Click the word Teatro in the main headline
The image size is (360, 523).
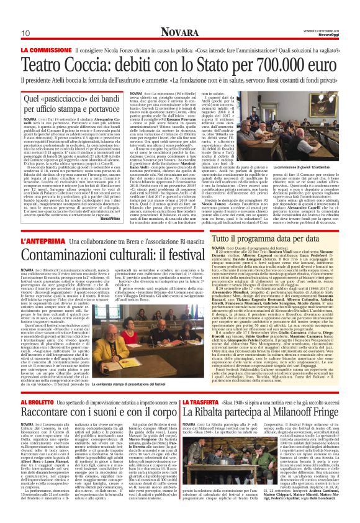tap(48, 48)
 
